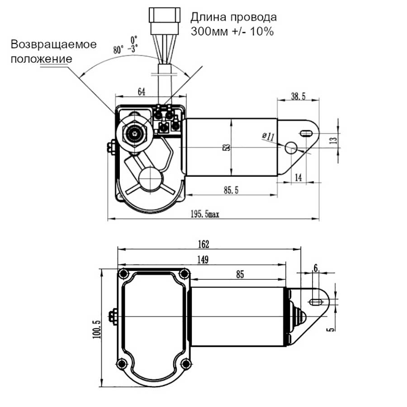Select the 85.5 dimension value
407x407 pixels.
(x=231, y=190)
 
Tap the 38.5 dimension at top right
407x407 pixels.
(x=298, y=96)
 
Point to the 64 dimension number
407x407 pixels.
(x=141, y=92)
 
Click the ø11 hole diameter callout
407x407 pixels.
(x=268, y=137)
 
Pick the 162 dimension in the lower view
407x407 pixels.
(x=203, y=244)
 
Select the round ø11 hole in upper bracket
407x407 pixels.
(x=290, y=147)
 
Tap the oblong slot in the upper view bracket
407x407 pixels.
(x=306, y=133)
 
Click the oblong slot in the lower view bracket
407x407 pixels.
(x=317, y=302)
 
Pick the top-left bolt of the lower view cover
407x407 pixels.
(x=122, y=274)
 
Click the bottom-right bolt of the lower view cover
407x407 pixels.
(x=184, y=364)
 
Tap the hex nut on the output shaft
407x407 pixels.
(x=134, y=133)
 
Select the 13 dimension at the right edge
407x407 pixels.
(x=333, y=140)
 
